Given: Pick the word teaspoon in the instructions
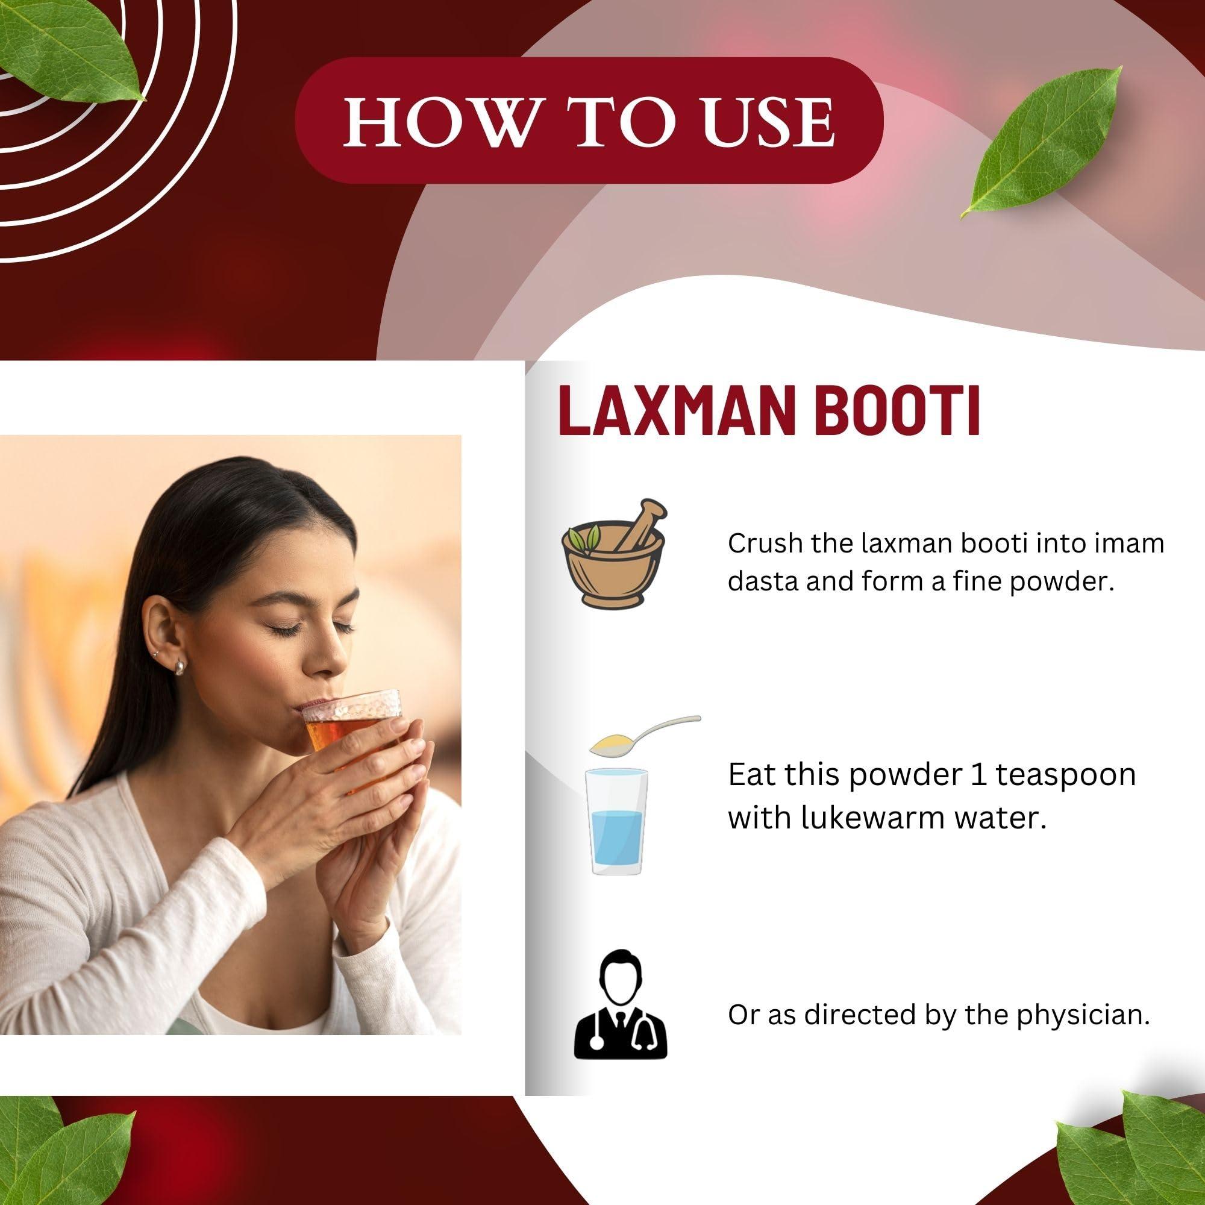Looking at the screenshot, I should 1065,775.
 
